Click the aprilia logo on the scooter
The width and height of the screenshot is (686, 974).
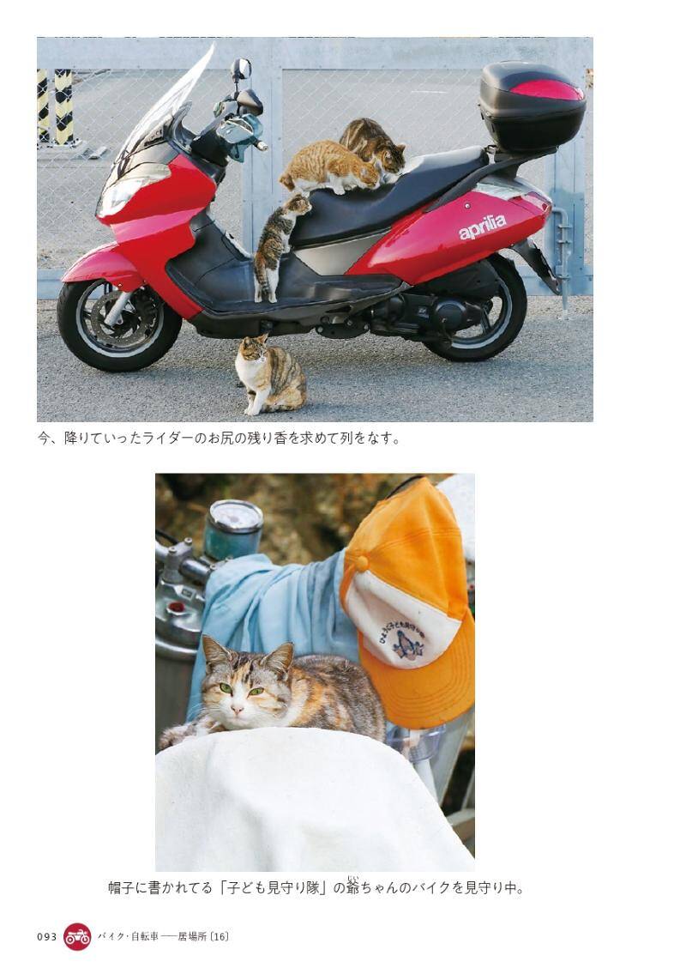[x=482, y=227]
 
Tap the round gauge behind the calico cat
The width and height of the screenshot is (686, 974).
[x=235, y=518]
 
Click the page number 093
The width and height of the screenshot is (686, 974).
[x=46, y=936]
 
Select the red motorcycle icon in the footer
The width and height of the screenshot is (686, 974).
[x=77, y=936]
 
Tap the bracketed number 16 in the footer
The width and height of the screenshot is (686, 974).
[x=220, y=936]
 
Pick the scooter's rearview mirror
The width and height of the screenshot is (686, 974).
[x=241, y=69]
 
